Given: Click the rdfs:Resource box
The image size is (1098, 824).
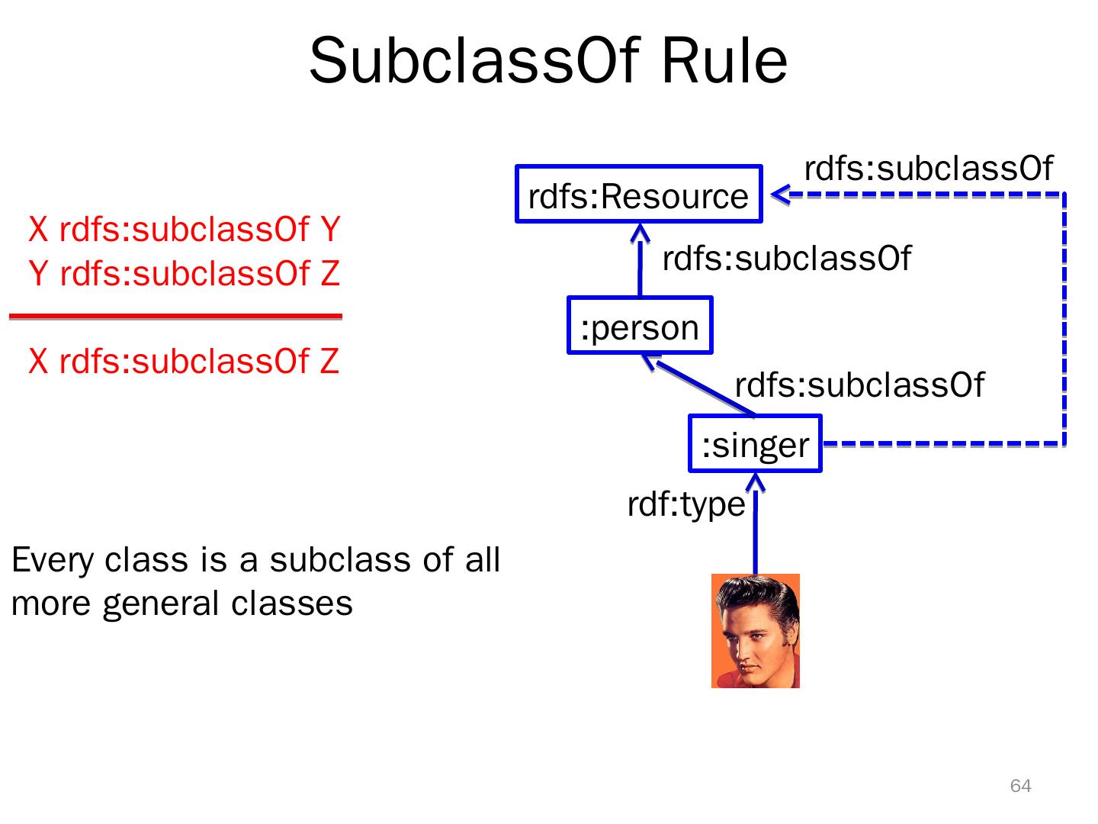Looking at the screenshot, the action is click(x=639, y=195).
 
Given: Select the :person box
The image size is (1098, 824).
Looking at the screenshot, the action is click(x=640, y=327).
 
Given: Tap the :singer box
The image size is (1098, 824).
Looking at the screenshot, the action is click(x=755, y=444).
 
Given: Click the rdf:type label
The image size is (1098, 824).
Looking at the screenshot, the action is click(x=685, y=504).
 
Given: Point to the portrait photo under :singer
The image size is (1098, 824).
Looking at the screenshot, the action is click(x=755, y=631).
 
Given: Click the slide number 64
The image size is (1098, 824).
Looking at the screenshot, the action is click(x=1020, y=786).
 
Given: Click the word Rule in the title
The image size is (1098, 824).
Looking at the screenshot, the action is click(x=724, y=61).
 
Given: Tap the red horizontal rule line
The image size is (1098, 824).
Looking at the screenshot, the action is click(x=175, y=316).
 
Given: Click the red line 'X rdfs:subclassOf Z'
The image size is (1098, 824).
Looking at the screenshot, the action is click(x=184, y=361).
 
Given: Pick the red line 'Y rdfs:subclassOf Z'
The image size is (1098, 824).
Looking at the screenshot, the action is click(x=184, y=273).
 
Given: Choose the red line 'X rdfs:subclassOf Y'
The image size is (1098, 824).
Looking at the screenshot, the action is click(x=184, y=229).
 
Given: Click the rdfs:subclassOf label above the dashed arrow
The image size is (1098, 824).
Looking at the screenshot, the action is click(x=928, y=169).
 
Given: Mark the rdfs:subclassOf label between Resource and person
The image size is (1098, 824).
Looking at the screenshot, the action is click(x=786, y=259).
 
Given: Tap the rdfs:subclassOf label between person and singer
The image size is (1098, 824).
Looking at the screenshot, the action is click(x=859, y=385).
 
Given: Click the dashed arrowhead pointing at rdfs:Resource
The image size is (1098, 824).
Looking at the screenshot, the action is click(x=780, y=195).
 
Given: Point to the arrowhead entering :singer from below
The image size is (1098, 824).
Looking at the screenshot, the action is click(x=755, y=483).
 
